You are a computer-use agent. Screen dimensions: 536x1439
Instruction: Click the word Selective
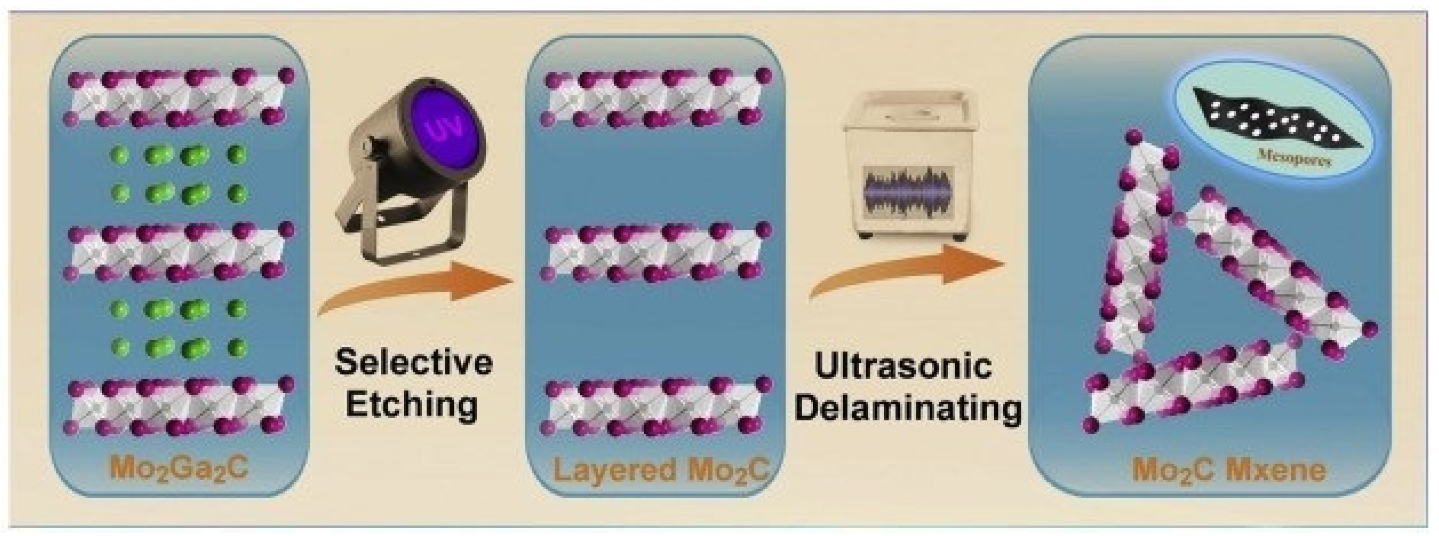point(414,362)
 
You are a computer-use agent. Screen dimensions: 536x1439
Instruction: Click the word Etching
point(412,403)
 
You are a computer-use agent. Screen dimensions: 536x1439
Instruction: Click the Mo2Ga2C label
point(179,469)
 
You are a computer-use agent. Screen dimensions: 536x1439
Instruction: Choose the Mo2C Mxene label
point(1229,469)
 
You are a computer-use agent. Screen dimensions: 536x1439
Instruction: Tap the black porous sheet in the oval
point(1274,120)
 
